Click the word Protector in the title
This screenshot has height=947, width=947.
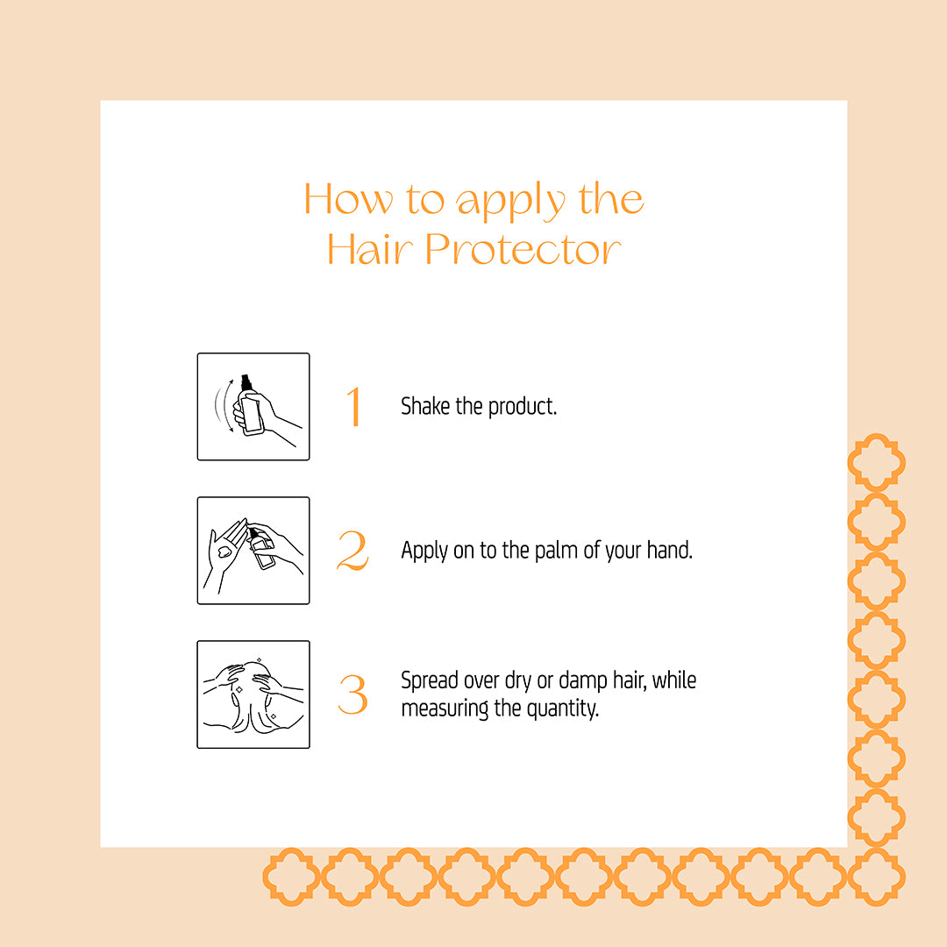(523, 249)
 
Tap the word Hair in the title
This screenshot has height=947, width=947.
(370, 249)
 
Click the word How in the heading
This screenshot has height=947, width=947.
(348, 199)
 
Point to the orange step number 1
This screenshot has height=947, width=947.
(354, 407)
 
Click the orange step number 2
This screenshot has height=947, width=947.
(352, 550)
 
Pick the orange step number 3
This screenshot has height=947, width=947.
(352, 694)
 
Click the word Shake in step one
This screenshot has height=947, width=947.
(425, 406)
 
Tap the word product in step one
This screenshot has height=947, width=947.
(523, 407)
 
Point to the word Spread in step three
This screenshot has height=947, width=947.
(430, 680)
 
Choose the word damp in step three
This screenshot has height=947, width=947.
(583, 680)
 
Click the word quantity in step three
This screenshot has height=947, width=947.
(563, 708)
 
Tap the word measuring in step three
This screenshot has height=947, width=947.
(445, 708)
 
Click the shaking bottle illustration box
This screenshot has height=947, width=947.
(253, 407)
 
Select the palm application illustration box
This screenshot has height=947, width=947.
(253, 550)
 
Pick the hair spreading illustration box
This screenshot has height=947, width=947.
(253, 694)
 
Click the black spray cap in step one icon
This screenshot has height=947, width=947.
(246, 382)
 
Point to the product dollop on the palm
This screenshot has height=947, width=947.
(224, 552)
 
